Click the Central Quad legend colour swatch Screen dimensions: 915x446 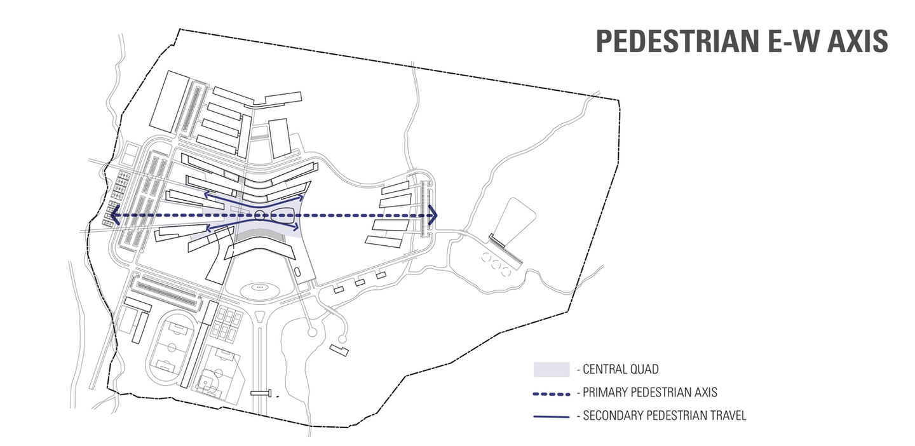click(551, 369)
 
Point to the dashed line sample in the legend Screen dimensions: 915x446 click(551, 393)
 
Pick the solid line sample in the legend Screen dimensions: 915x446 click(551, 416)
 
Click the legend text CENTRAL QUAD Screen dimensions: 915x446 click(620, 369)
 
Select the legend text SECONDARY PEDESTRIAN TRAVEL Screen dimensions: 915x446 click(664, 416)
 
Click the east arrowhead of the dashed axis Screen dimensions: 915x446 click(433, 215)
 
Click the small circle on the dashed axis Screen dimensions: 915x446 click(260, 216)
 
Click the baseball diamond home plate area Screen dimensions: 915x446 click(205, 384)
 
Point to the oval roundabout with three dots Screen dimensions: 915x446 click(259, 288)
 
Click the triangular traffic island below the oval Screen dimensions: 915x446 click(259, 316)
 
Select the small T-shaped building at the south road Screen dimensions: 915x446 click(261, 393)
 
